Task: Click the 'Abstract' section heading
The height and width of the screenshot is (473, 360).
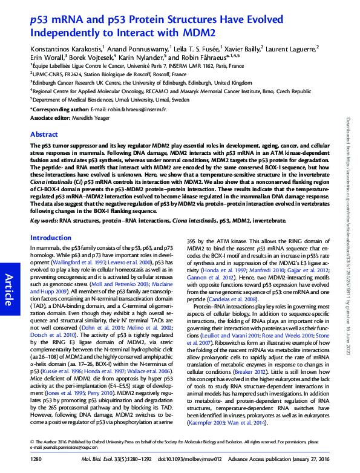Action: click(x=44, y=134)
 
